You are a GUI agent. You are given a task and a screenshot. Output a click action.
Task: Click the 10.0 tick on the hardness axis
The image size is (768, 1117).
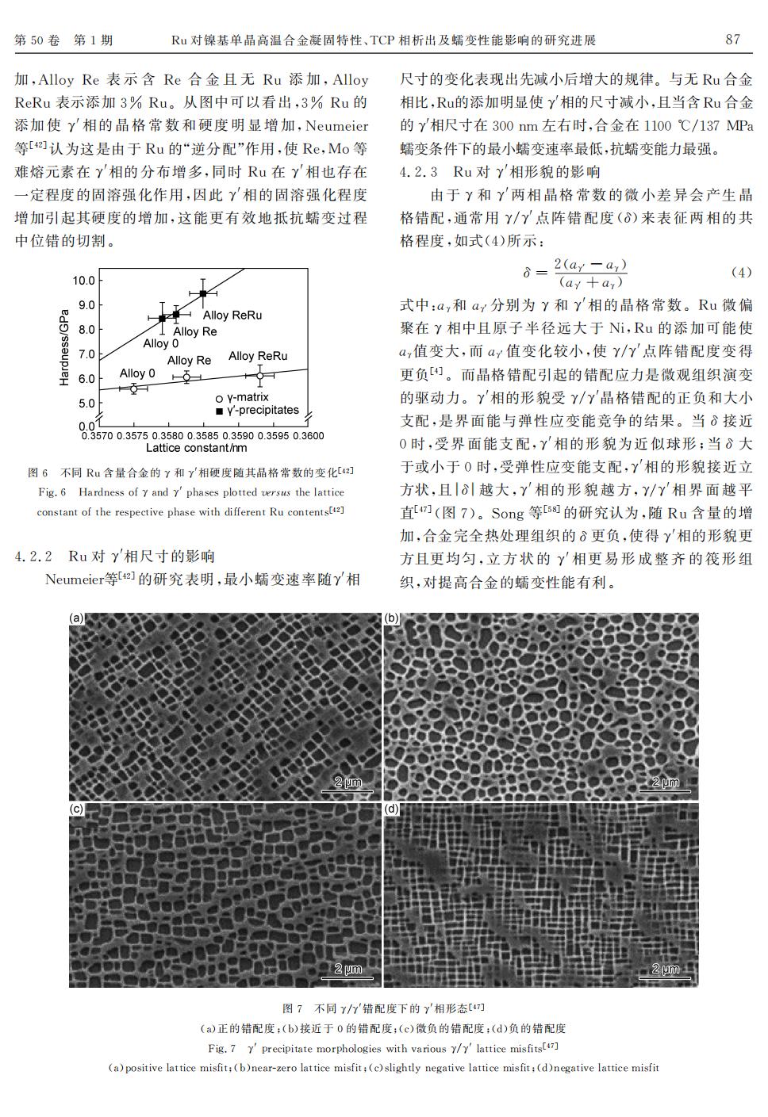[x=83, y=281]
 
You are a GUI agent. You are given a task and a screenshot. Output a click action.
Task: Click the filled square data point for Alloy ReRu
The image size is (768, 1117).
[x=203, y=293]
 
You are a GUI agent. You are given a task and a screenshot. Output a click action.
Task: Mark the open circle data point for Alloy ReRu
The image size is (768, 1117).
[x=259, y=374]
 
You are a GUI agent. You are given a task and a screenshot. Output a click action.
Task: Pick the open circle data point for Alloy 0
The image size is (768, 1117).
[x=134, y=388]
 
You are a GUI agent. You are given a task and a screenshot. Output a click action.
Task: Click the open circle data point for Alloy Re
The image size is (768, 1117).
[x=186, y=377]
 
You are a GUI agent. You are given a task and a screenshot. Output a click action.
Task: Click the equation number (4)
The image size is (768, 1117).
[x=740, y=273]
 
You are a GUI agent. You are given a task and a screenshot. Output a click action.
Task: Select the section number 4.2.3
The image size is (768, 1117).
[x=419, y=171]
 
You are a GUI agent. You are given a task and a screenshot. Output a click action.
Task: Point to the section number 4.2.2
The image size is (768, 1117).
[x=34, y=557]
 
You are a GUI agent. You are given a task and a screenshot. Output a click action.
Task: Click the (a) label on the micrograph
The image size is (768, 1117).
[x=77, y=618]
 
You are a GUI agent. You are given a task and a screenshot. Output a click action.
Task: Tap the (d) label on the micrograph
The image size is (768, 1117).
[x=392, y=809]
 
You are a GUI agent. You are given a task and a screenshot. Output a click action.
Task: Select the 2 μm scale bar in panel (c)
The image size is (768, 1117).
[x=348, y=970]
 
